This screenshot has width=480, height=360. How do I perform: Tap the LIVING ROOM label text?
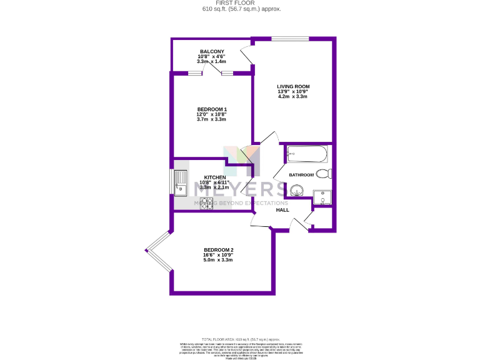tap(293, 86)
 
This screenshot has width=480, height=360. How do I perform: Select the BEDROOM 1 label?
tap(211, 109)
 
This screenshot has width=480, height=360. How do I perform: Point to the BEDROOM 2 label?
tap(218, 250)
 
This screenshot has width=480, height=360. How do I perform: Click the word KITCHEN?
tap(214, 177)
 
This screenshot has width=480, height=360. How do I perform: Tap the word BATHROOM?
tap(301, 175)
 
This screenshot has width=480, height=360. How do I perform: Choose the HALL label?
tap(282, 210)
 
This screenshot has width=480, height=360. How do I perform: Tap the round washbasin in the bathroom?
tap(296, 190)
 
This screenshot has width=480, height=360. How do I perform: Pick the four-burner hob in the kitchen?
tap(206, 204)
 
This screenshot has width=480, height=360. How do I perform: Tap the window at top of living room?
tap(290, 39)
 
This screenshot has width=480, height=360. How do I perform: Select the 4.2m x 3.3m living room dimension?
tap(293, 97)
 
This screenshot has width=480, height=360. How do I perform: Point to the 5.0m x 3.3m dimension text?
tap(218, 260)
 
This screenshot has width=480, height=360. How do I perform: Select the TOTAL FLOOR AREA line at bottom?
tap(241, 338)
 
